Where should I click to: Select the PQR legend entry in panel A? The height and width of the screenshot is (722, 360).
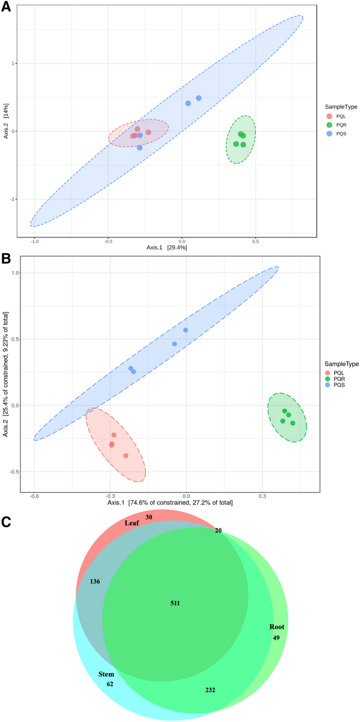336,125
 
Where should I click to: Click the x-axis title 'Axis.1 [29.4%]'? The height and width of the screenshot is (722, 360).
167,247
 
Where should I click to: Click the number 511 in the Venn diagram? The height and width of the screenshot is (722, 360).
175,603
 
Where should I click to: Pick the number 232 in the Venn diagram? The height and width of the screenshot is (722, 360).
210,690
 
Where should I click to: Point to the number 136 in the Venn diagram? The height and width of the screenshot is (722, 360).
95,581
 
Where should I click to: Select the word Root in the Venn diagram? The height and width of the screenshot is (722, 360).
276,627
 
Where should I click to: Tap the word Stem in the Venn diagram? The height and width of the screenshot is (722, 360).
106,674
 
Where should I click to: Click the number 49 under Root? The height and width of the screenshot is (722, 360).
276,637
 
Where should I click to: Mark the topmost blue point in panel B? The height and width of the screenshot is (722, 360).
186,330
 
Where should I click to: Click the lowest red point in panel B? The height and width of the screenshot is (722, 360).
126,456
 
